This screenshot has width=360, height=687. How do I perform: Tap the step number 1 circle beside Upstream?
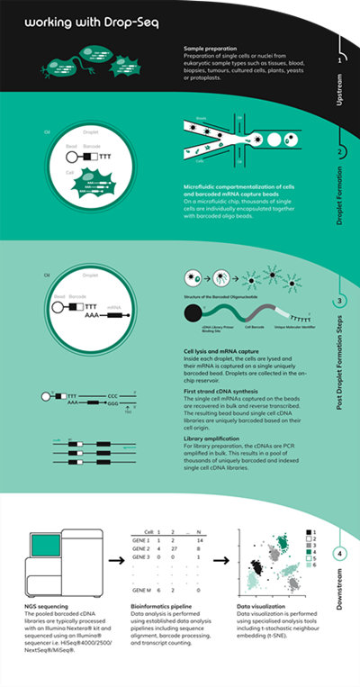tap(339, 59)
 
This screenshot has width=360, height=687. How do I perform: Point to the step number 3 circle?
tap(339, 301)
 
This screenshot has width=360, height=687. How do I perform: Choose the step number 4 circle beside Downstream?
tap(339, 554)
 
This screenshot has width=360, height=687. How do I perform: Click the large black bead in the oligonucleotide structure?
tap(193, 312)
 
